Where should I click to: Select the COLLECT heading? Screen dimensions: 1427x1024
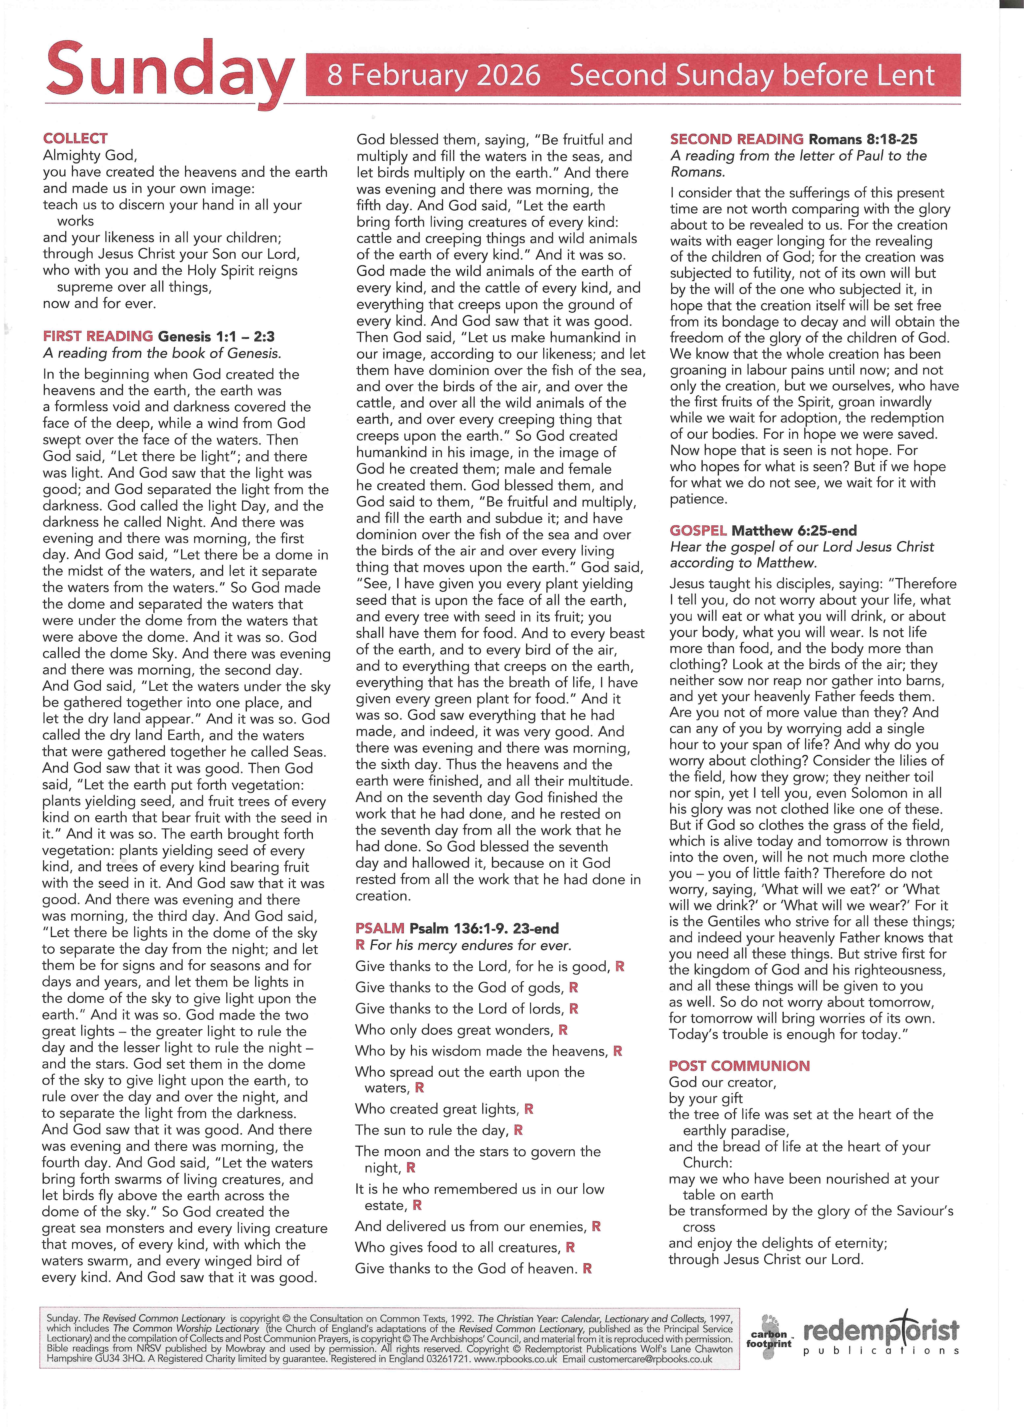pyautogui.click(x=75, y=139)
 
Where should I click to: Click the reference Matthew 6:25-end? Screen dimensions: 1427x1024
pyautogui.click(x=794, y=530)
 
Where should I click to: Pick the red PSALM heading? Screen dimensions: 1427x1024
pyautogui.click(x=379, y=928)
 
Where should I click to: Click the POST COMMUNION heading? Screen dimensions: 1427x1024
pyautogui.click(x=739, y=1066)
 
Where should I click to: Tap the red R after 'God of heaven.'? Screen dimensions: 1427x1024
pyautogui.click(x=587, y=1268)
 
